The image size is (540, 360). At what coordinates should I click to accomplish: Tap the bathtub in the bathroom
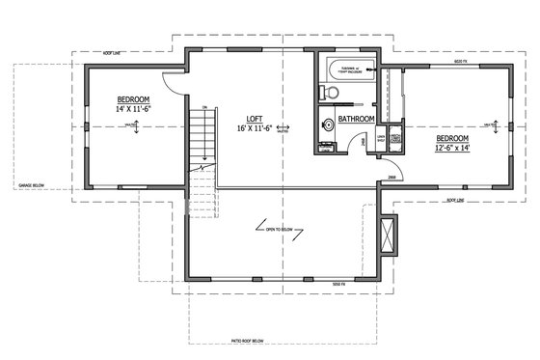tap(347, 70)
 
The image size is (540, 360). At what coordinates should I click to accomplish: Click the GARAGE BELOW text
tap(33, 182)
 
